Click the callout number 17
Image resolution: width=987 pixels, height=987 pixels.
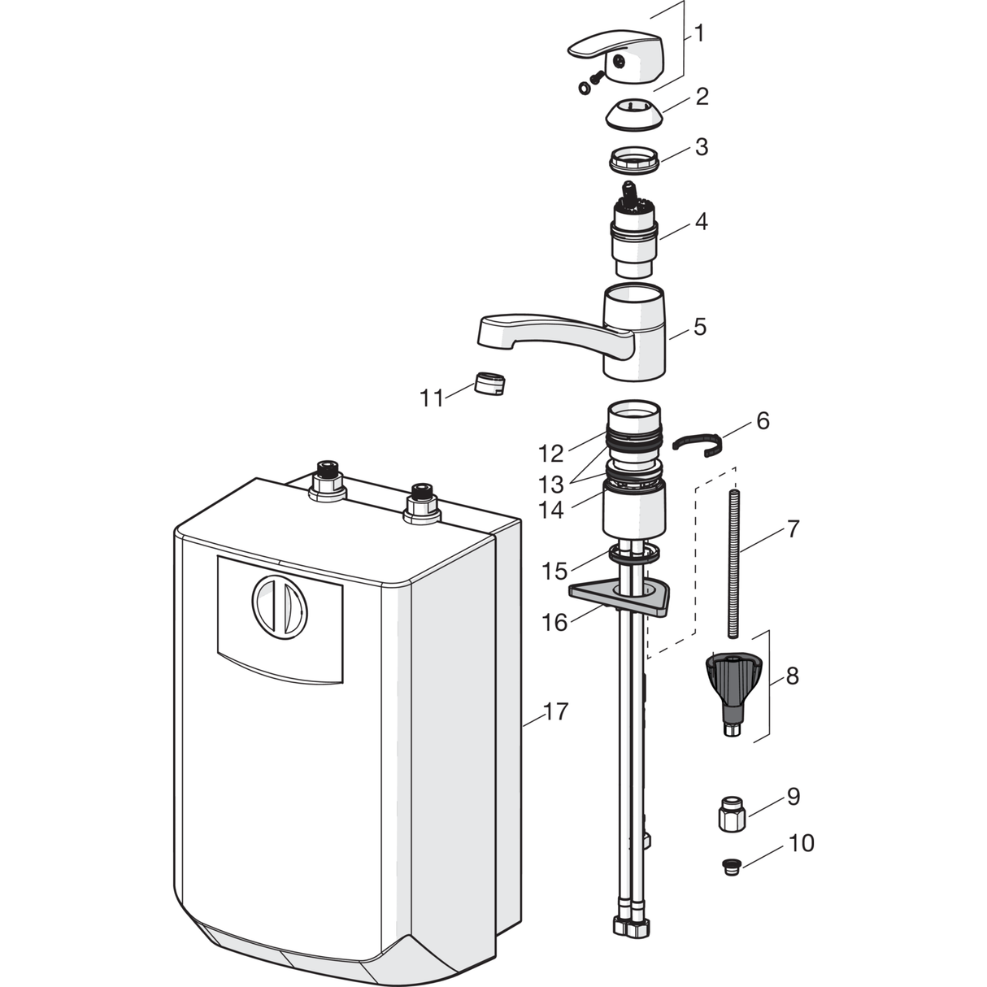(x=554, y=711)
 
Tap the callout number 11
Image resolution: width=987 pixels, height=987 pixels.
(x=432, y=398)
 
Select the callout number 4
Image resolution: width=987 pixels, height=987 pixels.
(x=701, y=222)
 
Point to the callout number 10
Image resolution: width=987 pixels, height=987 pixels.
(x=801, y=842)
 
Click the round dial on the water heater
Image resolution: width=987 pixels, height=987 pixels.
(x=280, y=607)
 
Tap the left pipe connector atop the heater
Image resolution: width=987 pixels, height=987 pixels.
(x=327, y=482)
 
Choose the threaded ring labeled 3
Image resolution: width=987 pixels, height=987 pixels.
(x=634, y=160)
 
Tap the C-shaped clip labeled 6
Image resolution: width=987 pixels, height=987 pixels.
(x=698, y=445)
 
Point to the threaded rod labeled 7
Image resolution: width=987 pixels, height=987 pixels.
(x=733, y=564)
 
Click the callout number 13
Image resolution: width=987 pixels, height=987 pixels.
(x=550, y=484)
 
